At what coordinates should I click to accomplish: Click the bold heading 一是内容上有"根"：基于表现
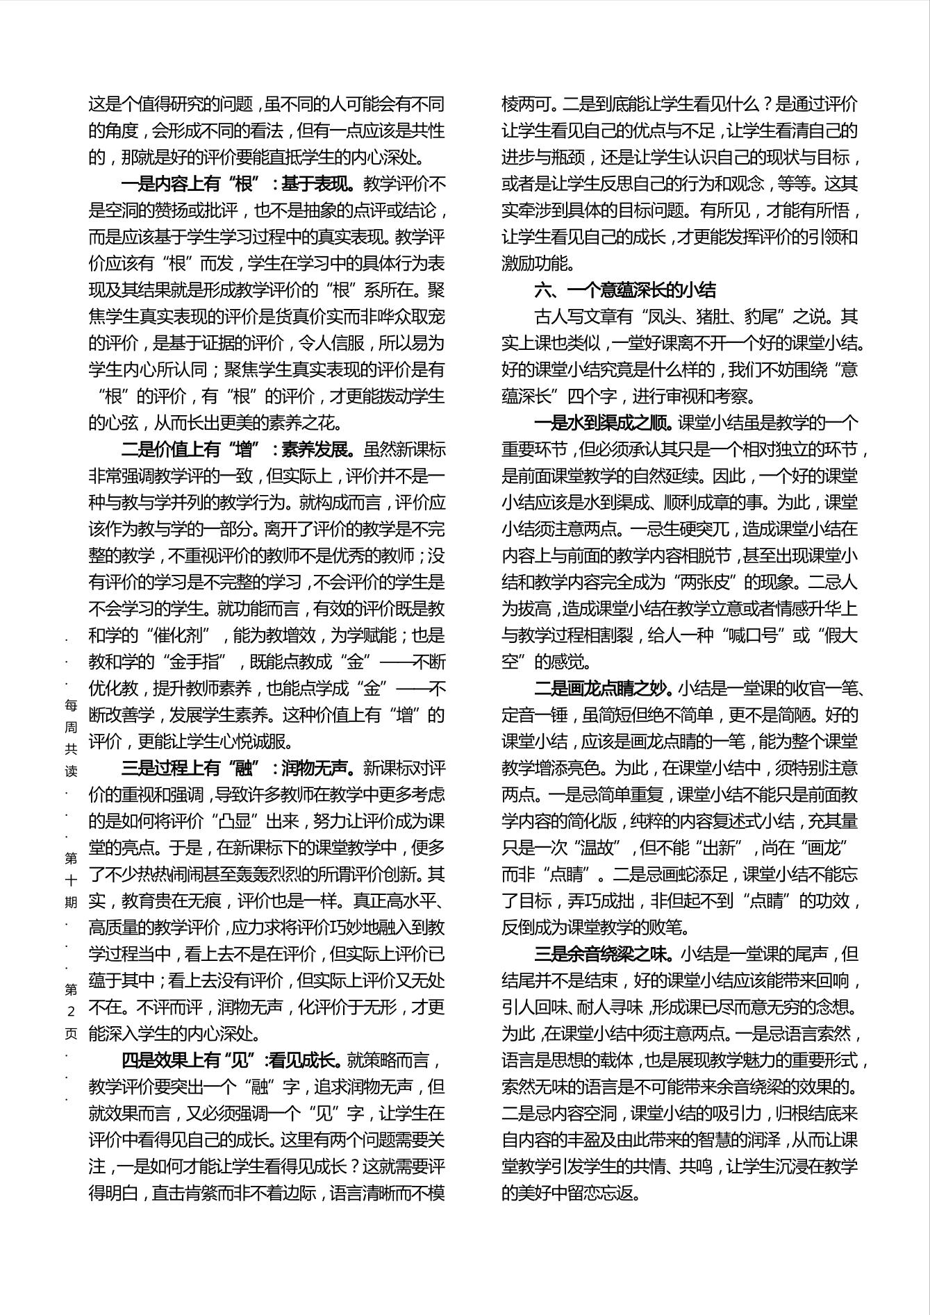pos(238,184)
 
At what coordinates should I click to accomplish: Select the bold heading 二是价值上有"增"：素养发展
pos(238,450)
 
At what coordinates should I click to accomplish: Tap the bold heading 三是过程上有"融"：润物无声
pos(238,768)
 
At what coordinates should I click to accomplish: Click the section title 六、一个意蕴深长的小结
pos(624,290)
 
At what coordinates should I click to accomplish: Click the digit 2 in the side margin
pos(71,1012)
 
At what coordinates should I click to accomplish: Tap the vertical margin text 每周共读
pos(71,738)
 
